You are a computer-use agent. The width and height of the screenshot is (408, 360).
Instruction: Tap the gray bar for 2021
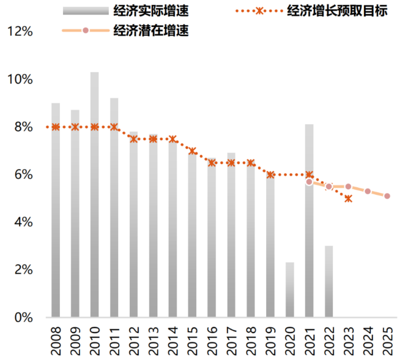tap(310, 220)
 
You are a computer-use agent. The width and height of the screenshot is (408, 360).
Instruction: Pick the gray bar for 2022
tap(329, 282)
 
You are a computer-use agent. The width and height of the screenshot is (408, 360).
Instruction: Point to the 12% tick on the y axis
tap(20, 31)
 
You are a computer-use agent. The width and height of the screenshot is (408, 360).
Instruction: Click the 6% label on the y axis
tap(23, 174)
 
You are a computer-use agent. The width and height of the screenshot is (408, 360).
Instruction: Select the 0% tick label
tap(23, 317)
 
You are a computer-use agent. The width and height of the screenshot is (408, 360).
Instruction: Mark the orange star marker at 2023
tap(348, 198)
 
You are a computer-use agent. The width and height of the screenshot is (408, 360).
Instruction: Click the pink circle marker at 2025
tap(387, 196)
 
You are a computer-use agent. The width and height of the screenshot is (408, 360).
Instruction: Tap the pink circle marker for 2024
tap(368, 191)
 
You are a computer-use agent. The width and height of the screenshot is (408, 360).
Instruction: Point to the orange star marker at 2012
tap(134, 139)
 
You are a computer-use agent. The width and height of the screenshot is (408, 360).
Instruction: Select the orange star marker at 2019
tap(270, 174)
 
